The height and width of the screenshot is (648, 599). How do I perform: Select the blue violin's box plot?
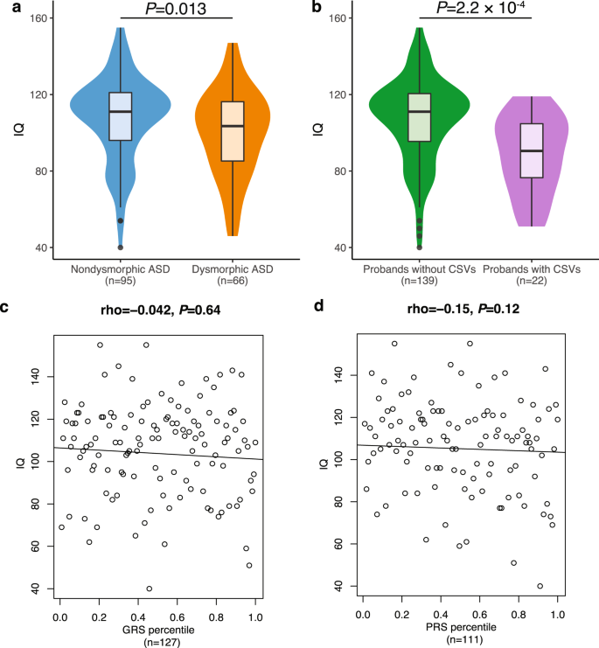pos(120,115)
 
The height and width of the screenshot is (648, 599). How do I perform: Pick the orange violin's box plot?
pos(233,131)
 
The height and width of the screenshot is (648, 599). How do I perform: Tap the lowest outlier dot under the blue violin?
pos(120,247)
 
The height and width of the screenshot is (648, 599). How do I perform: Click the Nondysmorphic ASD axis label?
pos(120,269)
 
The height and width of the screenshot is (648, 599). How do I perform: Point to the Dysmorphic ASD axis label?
pos(233,269)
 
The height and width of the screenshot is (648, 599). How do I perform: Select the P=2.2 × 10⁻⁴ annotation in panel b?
pos(476,9)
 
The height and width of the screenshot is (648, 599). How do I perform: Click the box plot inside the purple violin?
pos(532,150)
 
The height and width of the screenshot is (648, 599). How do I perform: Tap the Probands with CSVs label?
pos(532,269)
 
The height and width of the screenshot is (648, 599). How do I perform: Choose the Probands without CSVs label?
pos(420,269)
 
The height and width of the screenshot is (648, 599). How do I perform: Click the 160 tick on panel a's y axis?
pos(40,18)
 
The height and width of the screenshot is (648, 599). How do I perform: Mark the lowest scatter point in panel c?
pos(150,589)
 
